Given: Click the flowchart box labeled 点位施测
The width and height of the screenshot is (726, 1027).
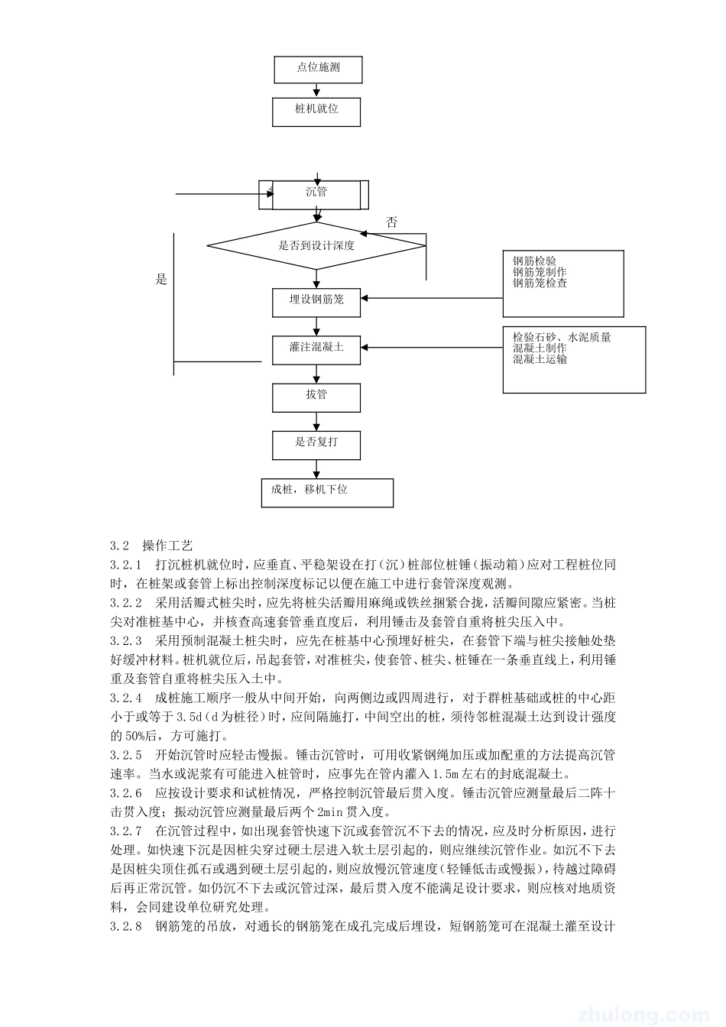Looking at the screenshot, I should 318,68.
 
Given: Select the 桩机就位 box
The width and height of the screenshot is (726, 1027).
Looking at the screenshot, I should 316,109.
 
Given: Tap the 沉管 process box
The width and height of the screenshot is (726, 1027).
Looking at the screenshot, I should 316,193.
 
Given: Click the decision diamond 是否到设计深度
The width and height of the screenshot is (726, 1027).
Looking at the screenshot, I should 316,246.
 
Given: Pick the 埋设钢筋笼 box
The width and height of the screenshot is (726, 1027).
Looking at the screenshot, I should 316,300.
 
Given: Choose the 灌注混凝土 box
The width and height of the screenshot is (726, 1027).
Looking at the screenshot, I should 316,348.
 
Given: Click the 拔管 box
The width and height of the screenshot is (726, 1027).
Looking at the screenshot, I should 316,396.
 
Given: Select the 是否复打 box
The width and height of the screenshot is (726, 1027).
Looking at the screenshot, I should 316,443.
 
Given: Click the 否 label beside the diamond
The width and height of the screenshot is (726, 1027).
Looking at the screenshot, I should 392,223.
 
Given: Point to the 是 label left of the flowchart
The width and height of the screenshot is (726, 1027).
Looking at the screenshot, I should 161,280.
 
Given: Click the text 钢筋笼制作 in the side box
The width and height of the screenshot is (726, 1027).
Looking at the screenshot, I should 540,272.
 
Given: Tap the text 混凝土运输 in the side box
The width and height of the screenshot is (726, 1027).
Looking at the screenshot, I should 540,359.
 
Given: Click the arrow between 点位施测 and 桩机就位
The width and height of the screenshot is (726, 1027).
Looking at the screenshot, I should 317,90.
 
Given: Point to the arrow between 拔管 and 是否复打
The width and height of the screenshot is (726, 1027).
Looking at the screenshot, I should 317,421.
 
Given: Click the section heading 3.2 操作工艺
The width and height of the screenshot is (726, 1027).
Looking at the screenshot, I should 151,546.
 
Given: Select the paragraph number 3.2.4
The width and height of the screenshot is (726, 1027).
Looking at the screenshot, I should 126,698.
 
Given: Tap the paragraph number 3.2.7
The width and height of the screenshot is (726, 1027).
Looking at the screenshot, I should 126,830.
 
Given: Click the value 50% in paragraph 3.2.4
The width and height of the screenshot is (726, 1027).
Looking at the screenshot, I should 123,736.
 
